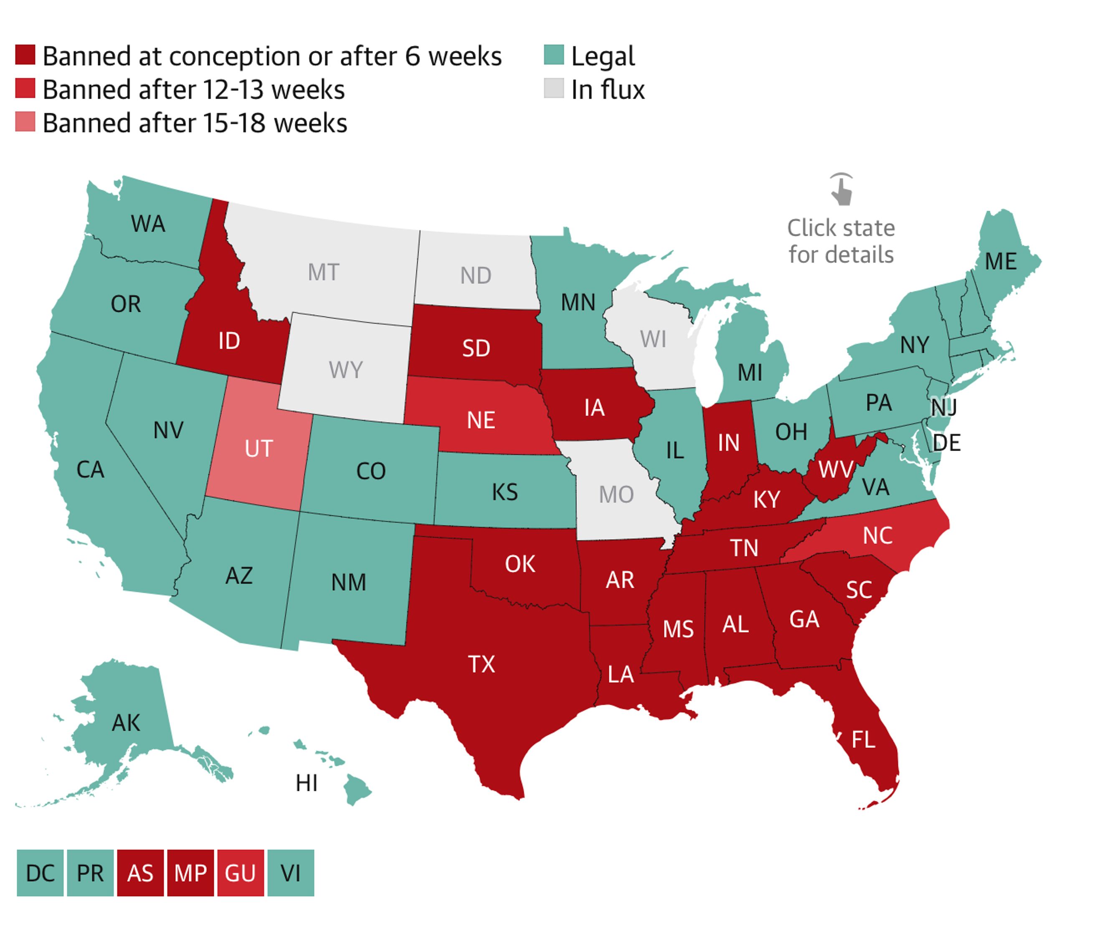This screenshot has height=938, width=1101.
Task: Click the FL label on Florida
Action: pyautogui.click(x=863, y=739)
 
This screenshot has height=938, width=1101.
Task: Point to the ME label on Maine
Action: pyautogui.click(x=1001, y=262)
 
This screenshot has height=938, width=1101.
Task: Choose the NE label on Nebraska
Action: pyautogui.click(x=481, y=420)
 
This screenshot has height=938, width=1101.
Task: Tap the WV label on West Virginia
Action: pyautogui.click(x=835, y=469)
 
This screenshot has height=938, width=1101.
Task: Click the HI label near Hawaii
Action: pyautogui.click(x=307, y=783)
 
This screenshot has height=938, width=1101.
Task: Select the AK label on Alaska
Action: pyautogui.click(x=126, y=723)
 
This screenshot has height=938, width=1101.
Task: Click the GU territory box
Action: pyautogui.click(x=240, y=873)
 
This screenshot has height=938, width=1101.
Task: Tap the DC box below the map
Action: pyautogui.click(x=41, y=873)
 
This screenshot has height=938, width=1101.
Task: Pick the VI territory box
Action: pyautogui.click(x=291, y=873)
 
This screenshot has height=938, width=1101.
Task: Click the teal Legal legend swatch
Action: pyautogui.click(x=554, y=55)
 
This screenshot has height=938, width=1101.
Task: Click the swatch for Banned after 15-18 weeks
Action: pyautogui.click(x=25, y=122)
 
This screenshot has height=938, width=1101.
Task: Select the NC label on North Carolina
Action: pyautogui.click(x=877, y=535)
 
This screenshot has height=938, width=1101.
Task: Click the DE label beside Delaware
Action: pyautogui.click(x=946, y=442)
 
